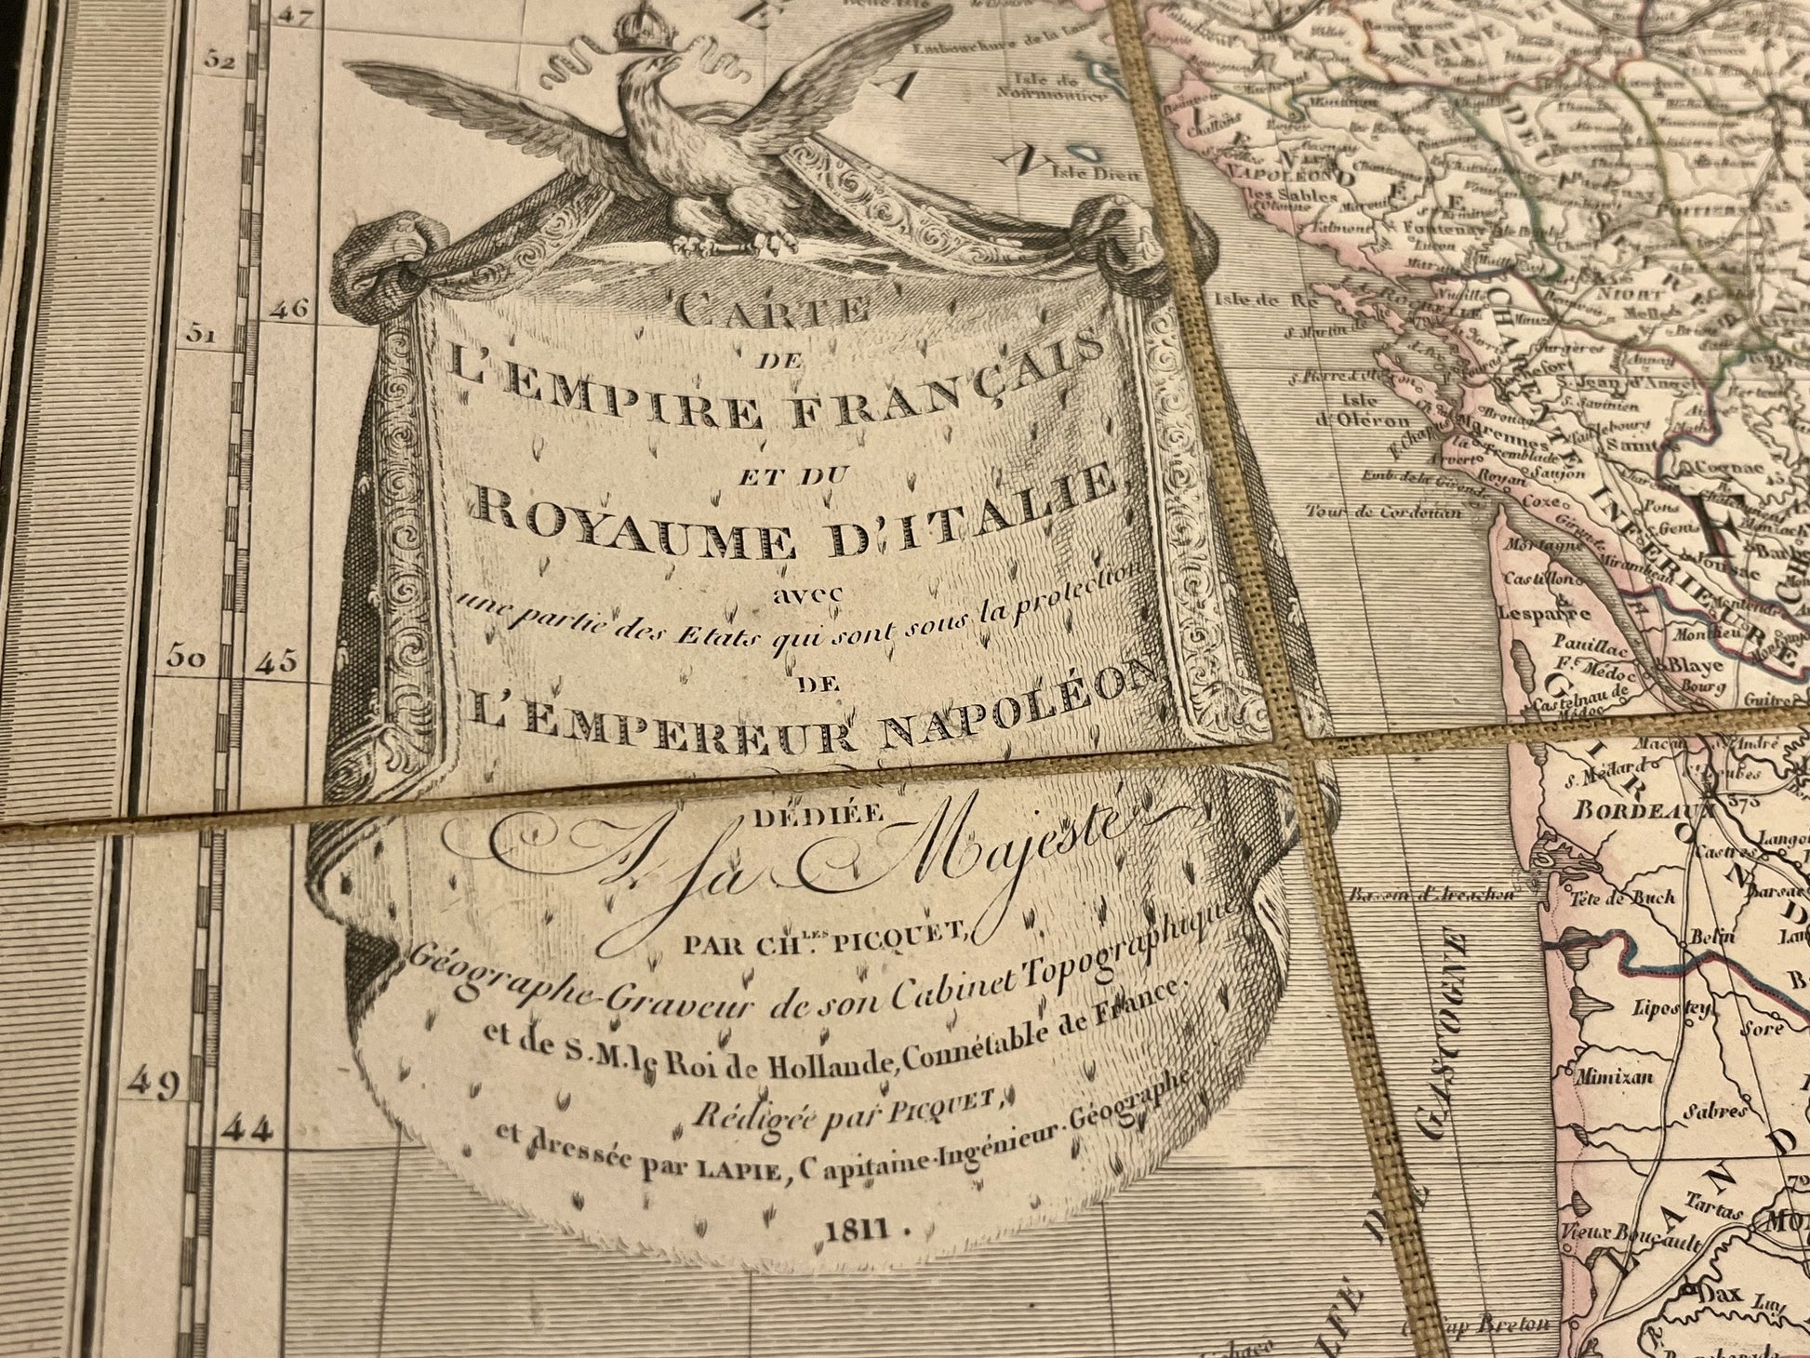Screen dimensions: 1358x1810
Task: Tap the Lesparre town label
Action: pos(1569,612)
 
